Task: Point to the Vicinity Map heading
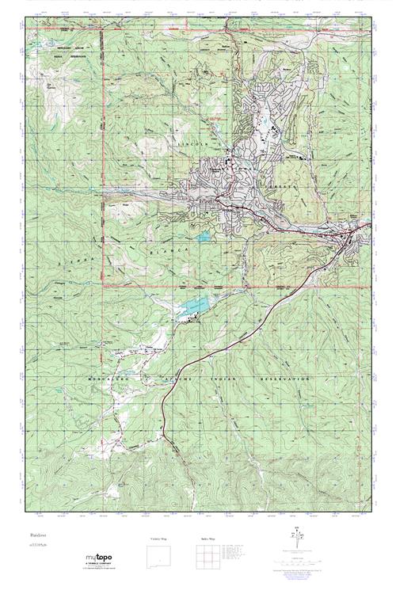[158, 539]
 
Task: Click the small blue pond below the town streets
[205, 236]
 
